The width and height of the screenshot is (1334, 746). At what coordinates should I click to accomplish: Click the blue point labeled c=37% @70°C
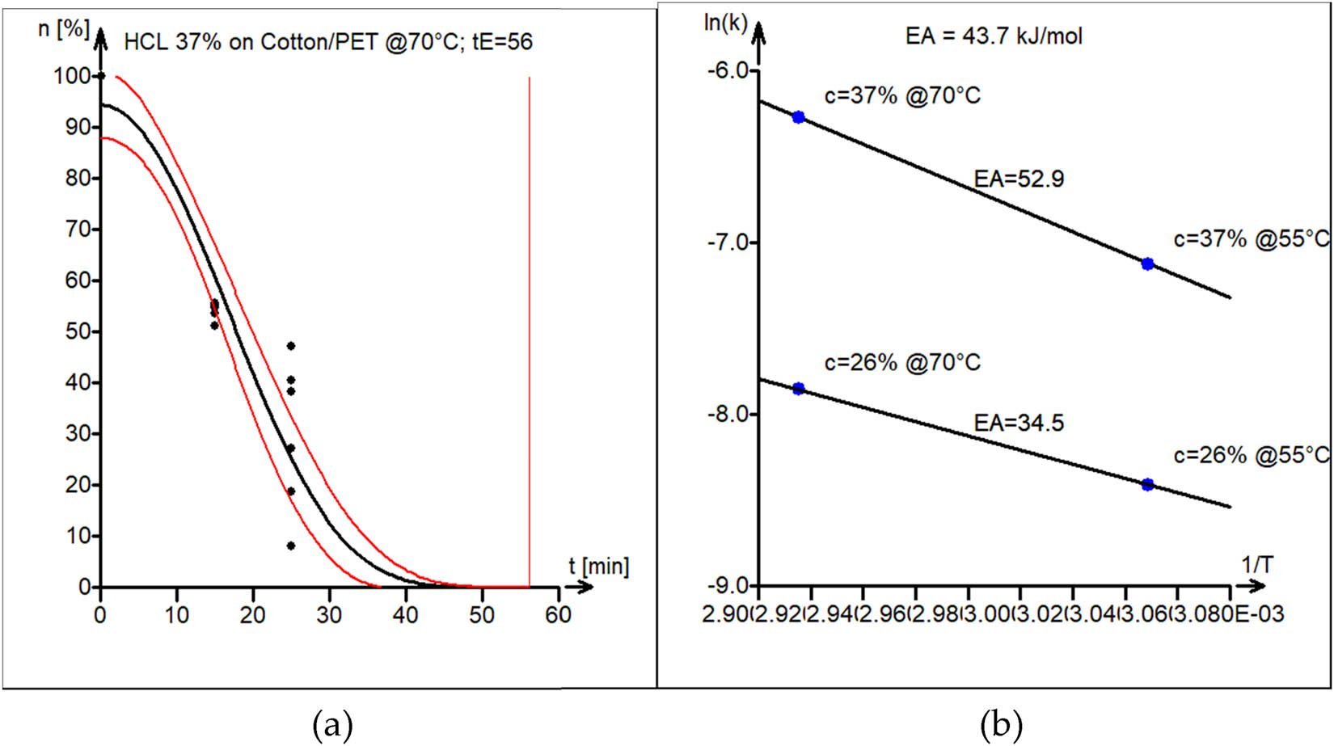799,117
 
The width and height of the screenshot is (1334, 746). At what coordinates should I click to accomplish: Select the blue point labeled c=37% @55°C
1147,263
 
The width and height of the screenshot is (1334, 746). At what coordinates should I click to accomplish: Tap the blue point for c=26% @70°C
799,388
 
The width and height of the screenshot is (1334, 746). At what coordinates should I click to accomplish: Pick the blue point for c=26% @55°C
1147,484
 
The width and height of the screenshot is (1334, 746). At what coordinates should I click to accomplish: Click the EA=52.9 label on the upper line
1019,179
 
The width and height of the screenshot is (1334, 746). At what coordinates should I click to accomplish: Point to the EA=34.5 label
1019,423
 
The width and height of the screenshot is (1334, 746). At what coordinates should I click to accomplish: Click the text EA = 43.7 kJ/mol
994,36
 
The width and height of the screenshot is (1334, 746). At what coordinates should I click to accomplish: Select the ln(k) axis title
725,22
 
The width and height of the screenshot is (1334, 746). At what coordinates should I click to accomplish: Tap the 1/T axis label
1257,565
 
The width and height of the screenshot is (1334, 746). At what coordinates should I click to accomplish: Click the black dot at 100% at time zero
101,76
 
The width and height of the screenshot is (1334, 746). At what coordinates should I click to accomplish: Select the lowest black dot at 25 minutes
290,546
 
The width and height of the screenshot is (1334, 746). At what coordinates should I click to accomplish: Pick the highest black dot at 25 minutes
290,346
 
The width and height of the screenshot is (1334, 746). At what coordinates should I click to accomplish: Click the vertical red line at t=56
530,323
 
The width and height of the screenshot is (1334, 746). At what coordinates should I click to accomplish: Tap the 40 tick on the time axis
405,615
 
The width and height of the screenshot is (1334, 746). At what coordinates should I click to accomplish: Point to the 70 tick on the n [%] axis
78,230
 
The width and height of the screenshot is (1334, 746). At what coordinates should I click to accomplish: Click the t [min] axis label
598,566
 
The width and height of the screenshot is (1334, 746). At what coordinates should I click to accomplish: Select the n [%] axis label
63,29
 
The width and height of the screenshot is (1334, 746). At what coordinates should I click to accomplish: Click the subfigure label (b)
1001,725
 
